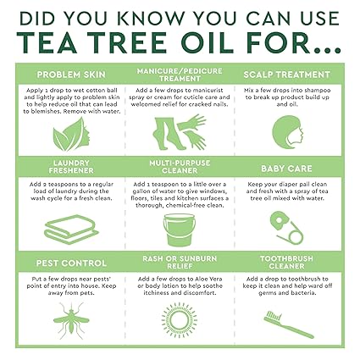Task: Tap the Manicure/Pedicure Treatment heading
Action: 180,73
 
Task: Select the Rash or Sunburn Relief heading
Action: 180,261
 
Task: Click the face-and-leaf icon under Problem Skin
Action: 71,134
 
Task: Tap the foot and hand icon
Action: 179,133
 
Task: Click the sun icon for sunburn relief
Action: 179,321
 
